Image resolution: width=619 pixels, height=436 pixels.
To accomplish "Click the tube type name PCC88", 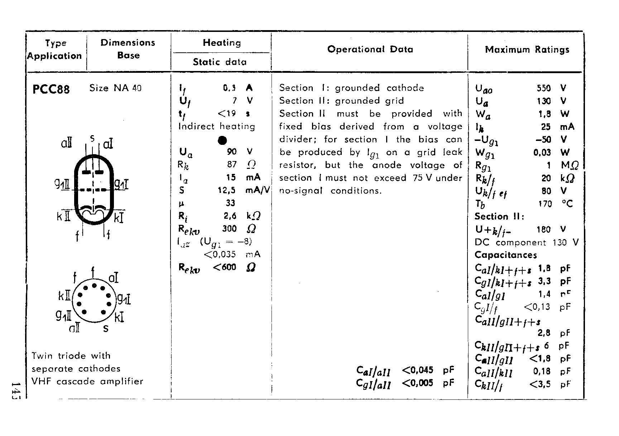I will point(51,89).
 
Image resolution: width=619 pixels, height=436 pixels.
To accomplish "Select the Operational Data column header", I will point(370,49).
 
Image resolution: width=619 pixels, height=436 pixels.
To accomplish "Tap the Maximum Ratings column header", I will point(527,49).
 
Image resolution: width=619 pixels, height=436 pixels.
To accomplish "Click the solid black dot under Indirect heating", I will point(222,140).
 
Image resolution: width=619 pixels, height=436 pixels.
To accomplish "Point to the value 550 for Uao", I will point(543,88).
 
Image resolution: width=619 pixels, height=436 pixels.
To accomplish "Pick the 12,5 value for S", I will point(227,190).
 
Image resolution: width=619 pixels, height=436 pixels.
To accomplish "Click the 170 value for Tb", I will point(545,204).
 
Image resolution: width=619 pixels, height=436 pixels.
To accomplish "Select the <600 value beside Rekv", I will point(224,267).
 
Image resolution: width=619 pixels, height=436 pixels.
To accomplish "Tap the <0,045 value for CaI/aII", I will point(417,370).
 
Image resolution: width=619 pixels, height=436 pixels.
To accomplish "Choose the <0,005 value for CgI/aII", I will point(417,383).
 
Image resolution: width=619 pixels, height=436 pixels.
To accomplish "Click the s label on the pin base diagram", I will point(106,328).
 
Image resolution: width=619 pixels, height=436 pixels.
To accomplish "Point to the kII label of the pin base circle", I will point(65,296).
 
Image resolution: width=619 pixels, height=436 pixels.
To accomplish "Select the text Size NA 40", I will point(115,88).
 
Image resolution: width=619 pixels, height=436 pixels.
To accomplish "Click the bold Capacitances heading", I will point(505,255).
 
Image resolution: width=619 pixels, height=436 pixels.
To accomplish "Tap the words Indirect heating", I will point(217,127).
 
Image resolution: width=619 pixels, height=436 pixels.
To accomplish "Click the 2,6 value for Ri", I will point(230,216).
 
